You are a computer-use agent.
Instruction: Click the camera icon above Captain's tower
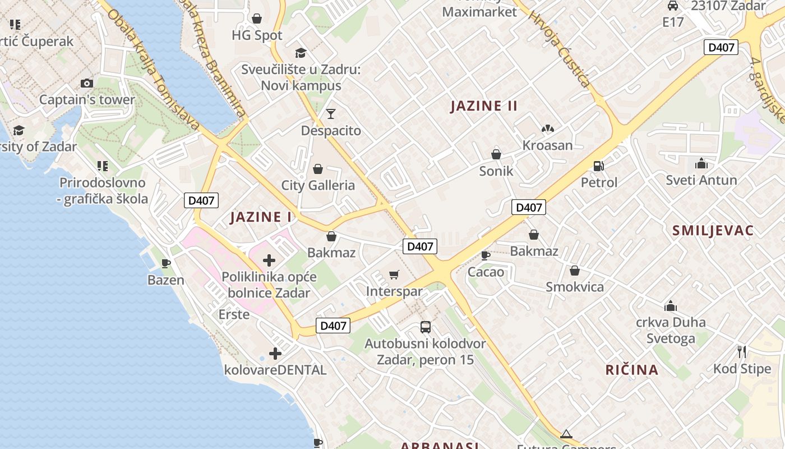point(86,83)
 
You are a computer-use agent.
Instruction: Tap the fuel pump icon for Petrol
point(599,166)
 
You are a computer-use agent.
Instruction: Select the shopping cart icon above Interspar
point(394,274)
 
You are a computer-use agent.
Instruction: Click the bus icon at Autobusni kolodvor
point(426,327)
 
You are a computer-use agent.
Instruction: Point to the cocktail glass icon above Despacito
point(331,114)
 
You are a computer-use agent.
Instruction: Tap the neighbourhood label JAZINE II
point(484,106)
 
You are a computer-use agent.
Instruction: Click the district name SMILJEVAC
point(713,230)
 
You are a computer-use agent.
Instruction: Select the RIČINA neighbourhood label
point(632,369)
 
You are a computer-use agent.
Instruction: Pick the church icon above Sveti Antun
point(701,163)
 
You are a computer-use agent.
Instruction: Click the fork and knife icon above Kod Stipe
point(742,352)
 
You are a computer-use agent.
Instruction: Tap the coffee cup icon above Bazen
point(166,263)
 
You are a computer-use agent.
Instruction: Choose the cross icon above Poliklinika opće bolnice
point(269,260)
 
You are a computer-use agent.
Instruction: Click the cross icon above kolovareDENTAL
point(275,354)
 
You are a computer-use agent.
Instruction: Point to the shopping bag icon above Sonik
point(496,154)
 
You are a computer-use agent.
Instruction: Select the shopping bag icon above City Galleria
point(318,168)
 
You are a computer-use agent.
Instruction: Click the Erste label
point(234,314)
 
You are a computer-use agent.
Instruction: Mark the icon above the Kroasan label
point(547,129)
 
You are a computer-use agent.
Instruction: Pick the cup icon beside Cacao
point(486,255)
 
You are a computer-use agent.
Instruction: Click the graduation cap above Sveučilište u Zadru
point(301,53)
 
